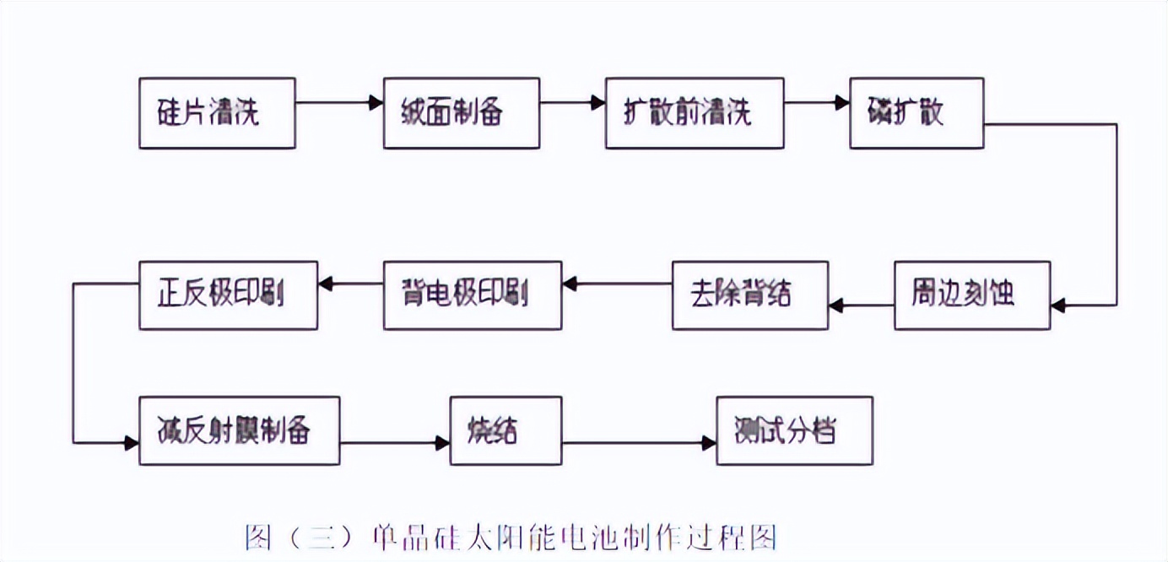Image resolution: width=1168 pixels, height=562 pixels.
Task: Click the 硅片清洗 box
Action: click(217, 113)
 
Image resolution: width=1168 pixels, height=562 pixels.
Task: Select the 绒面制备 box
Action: click(461, 113)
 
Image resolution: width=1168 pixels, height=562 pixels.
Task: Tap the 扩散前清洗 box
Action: click(694, 113)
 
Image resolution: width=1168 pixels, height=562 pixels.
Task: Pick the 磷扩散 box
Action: click(916, 113)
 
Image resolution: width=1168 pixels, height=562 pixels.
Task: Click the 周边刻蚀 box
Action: click(971, 295)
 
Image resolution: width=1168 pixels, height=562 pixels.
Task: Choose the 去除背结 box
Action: click(749, 295)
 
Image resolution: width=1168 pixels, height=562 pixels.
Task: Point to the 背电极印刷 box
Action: click(472, 295)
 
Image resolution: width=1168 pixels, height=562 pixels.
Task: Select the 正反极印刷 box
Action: click(228, 295)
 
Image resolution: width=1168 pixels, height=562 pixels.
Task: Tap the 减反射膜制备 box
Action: click(239, 430)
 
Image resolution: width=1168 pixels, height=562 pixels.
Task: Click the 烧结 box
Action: click(505, 430)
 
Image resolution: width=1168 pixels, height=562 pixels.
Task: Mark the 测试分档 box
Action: click(793, 430)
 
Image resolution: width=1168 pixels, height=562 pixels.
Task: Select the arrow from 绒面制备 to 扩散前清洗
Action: click(572, 103)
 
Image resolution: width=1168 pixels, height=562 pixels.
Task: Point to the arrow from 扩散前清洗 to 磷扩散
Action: click(816, 103)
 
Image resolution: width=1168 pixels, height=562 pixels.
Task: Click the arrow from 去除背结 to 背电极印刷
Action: click(617, 284)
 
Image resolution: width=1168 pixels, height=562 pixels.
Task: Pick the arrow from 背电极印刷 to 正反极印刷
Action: click(350, 284)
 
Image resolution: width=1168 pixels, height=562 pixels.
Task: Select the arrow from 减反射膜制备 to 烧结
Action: click(394, 442)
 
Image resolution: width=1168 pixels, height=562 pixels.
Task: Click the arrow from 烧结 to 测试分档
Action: click(639, 442)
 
